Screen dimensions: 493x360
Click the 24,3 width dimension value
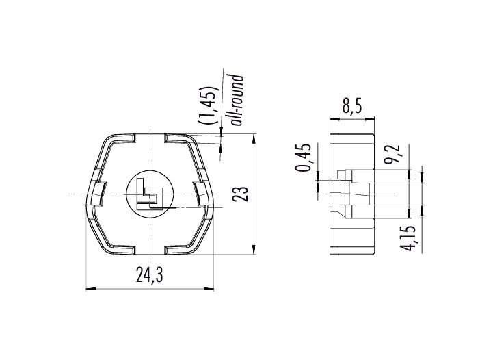tap(150, 274)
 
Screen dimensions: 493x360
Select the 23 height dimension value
tap(241, 194)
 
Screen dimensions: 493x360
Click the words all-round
tap(237, 100)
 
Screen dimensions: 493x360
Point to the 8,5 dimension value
tap(352, 105)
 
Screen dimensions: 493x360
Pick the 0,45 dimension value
tap(304, 157)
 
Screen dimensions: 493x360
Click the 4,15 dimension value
tap(408, 238)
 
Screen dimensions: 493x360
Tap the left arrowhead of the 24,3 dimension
tap(90, 288)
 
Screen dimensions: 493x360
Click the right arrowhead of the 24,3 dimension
tap(209, 288)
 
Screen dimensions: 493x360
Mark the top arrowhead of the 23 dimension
tap(254, 138)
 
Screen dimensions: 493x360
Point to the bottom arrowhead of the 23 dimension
tap(254, 250)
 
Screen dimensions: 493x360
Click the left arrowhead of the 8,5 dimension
tap(334, 119)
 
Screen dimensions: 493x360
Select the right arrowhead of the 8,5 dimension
tap(370, 119)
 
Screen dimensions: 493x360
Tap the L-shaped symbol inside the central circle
tap(150, 194)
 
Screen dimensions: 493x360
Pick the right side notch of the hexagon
tap(201, 194)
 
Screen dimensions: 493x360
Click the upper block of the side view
tap(352, 152)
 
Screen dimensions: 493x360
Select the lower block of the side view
tap(352, 236)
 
